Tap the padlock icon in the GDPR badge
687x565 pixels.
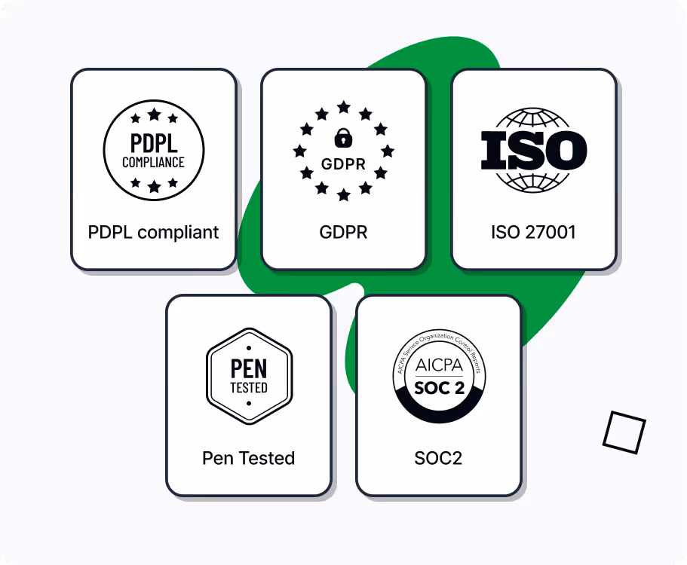(x=344, y=138)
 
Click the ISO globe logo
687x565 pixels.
(x=534, y=149)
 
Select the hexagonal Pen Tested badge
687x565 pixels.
(x=249, y=376)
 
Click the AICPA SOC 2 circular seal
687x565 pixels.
(x=439, y=376)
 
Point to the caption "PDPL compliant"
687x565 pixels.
(x=154, y=232)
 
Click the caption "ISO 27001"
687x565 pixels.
(x=534, y=232)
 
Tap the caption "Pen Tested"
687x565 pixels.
(x=249, y=458)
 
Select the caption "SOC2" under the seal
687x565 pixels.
(x=439, y=458)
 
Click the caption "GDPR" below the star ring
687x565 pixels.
(x=344, y=232)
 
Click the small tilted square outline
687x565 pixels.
(x=624, y=432)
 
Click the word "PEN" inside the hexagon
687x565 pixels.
(x=249, y=368)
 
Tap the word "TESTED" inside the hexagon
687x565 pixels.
(x=249, y=388)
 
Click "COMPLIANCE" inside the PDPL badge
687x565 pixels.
(x=154, y=162)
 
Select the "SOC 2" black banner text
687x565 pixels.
(x=439, y=389)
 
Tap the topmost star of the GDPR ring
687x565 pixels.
(x=344, y=107)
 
